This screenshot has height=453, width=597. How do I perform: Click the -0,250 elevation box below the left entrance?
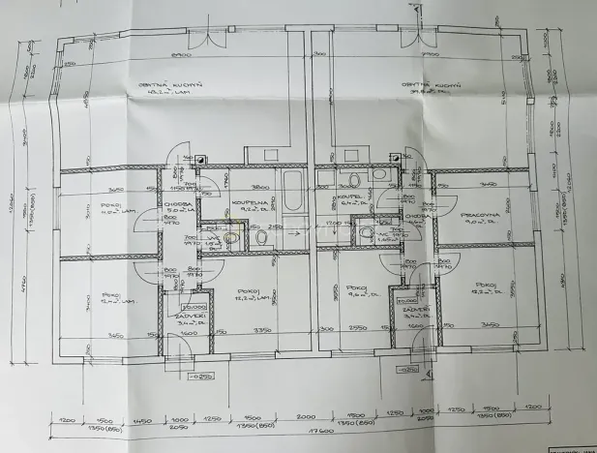[201, 376]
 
